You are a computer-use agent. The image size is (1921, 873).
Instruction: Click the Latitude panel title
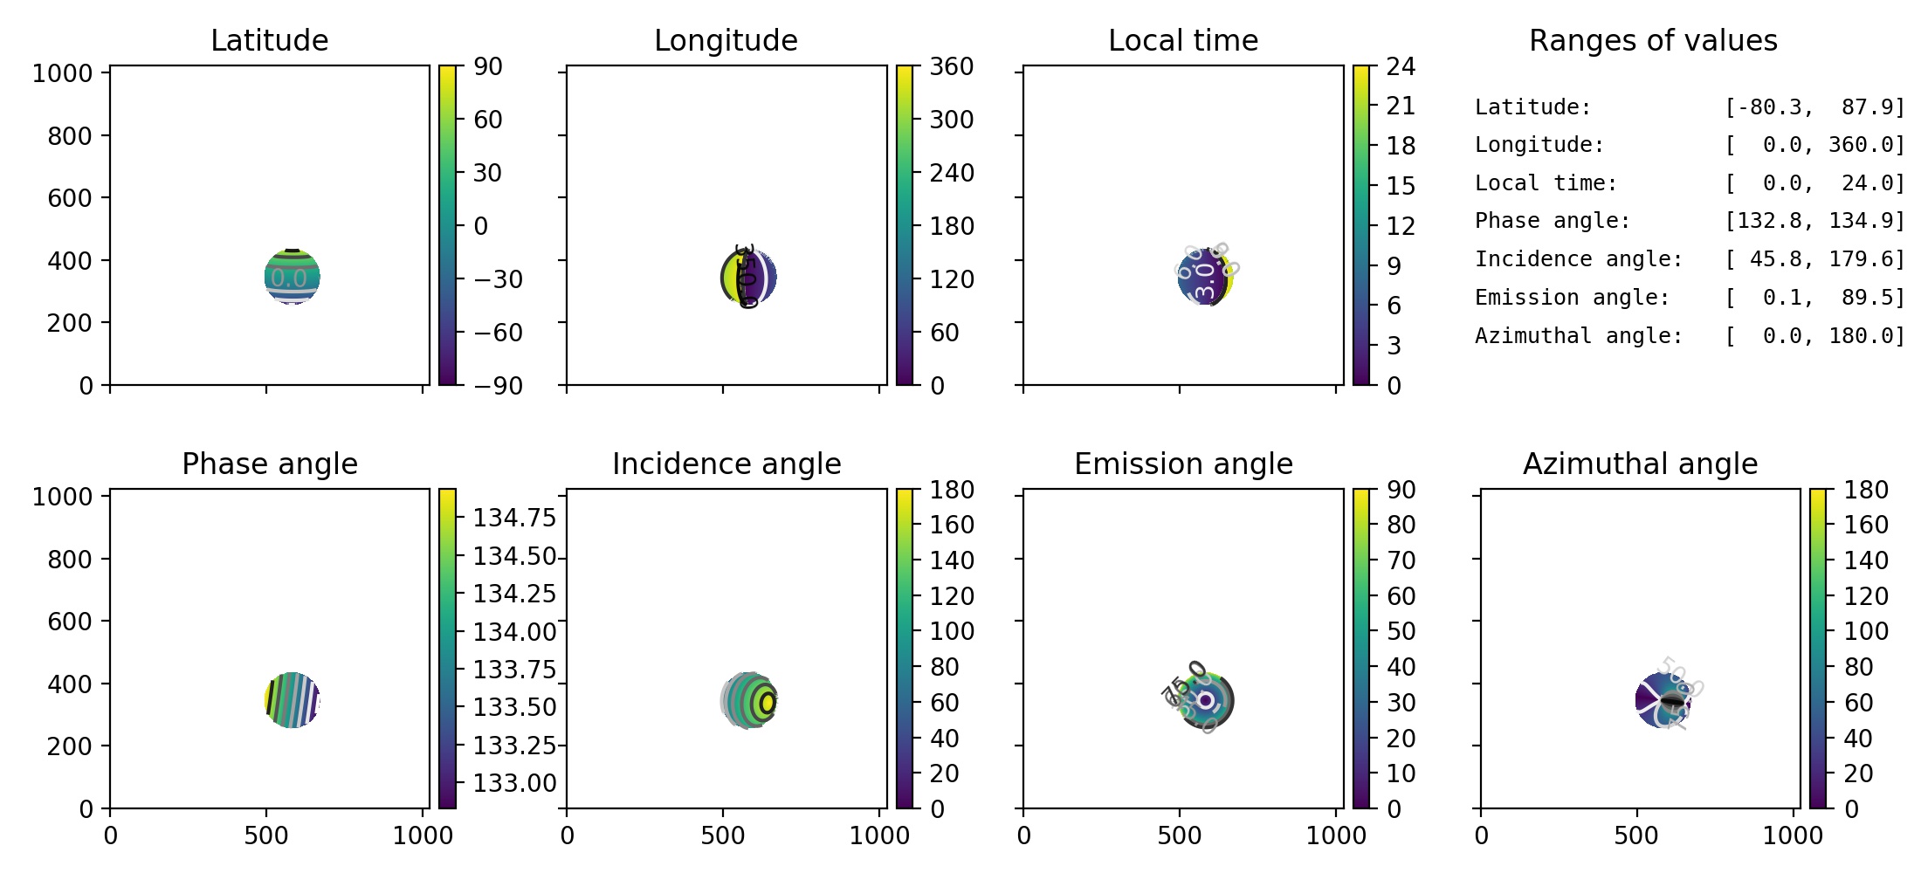pos(269,40)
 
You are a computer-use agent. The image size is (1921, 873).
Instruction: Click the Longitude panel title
pos(726,40)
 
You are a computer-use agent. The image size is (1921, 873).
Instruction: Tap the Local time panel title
pos(1183,40)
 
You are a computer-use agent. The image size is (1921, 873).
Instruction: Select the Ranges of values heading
pos(1653,40)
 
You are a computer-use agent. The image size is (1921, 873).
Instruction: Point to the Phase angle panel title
pos(269,464)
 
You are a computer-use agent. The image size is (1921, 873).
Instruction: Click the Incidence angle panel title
pos(726,464)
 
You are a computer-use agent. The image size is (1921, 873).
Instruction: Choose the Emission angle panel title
pos(1183,464)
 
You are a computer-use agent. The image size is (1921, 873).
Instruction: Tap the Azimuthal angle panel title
pos(1640,464)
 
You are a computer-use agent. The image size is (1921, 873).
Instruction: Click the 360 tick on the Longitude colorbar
pos(951,66)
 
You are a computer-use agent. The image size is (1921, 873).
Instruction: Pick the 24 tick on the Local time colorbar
pos(1401,66)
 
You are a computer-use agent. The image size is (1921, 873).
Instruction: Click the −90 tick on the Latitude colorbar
pos(498,385)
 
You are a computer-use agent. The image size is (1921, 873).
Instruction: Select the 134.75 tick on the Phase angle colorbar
pos(514,518)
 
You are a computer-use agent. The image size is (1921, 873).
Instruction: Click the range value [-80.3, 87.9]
pos(1814,107)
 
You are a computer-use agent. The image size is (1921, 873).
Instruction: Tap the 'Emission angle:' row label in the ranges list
pos(1572,298)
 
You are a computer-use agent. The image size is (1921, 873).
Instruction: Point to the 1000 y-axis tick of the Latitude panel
pos(62,73)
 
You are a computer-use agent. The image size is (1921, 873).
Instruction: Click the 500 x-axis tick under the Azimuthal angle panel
pos(1636,835)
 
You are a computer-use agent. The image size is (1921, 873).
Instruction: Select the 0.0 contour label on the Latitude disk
pos(288,278)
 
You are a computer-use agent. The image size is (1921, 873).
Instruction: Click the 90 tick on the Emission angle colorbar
pos(1401,490)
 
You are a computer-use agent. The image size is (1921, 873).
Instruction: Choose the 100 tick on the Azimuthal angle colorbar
pos(1866,631)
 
